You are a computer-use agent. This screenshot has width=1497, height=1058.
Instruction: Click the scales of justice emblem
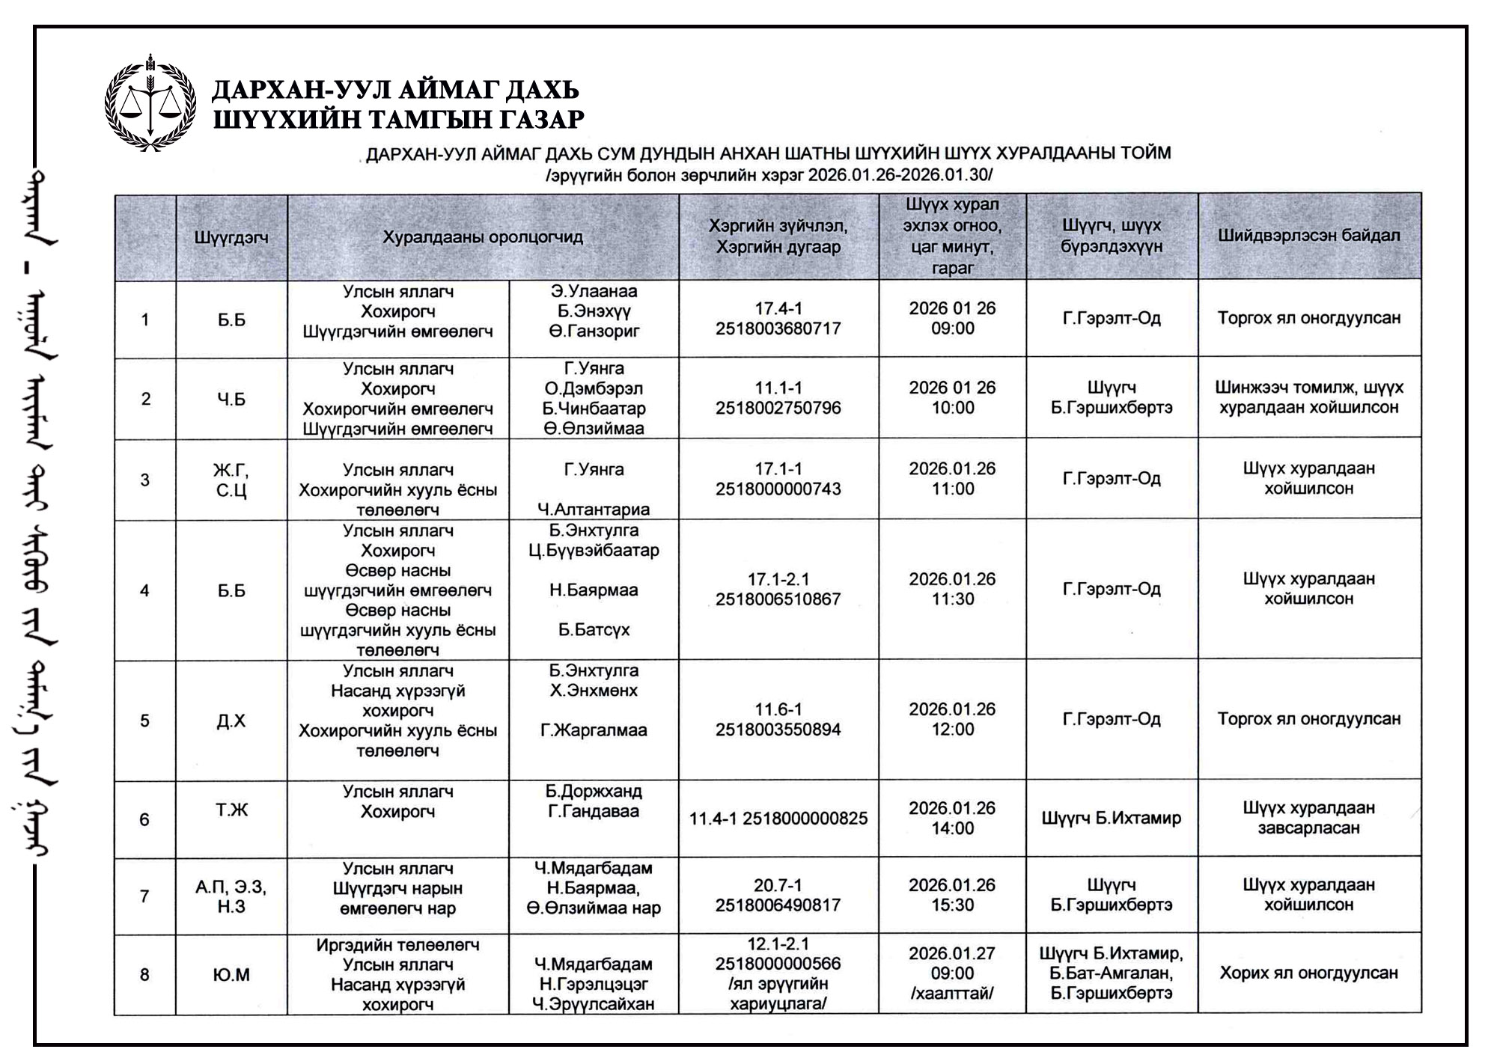pyautogui.click(x=150, y=104)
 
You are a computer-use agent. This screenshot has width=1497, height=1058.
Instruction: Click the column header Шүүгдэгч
pyautogui.click(x=231, y=238)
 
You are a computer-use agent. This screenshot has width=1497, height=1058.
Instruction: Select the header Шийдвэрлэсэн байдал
pyautogui.click(x=1309, y=236)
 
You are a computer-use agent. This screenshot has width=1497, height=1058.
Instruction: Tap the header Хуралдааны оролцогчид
pyautogui.click(x=483, y=238)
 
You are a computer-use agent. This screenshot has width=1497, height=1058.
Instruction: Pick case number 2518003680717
pyautogui.click(x=778, y=328)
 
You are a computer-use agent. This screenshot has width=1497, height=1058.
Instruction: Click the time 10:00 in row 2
pyautogui.click(x=952, y=408)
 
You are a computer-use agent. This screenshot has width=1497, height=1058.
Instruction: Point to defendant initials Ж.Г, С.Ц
pyautogui.click(x=231, y=480)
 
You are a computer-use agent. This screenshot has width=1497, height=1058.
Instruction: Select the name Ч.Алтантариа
pyautogui.click(x=594, y=510)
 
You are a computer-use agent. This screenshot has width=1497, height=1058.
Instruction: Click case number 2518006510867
pyautogui.click(x=778, y=599)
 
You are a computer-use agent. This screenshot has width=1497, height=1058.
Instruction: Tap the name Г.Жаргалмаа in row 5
pyautogui.click(x=594, y=730)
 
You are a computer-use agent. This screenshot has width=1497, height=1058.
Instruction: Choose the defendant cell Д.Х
pyautogui.click(x=231, y=721)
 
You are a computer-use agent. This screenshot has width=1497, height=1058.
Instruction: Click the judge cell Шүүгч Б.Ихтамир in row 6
pyautogui.click(x=1112, y=819)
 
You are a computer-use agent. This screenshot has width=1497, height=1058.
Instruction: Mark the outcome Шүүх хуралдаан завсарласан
pyautogui.click(x=1309, y=818)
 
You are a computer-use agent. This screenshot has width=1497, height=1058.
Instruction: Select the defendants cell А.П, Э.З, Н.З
pyautogui.click(x=231, y=896)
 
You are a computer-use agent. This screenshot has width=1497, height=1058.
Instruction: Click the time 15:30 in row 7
pyautogui.click(x=952, y=905)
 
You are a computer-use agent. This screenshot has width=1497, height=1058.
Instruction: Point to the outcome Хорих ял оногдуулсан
pyautogui.click(x=1309, y=973)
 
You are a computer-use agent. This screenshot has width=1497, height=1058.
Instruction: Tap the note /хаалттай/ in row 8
pyautogui.click(x=952, y=994)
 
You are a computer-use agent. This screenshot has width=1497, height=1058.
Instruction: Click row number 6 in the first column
pyautogui.click(x=144, y=819)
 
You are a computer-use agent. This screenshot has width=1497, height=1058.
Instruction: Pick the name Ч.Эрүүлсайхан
pyautogui.click(x=594, y=1004)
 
